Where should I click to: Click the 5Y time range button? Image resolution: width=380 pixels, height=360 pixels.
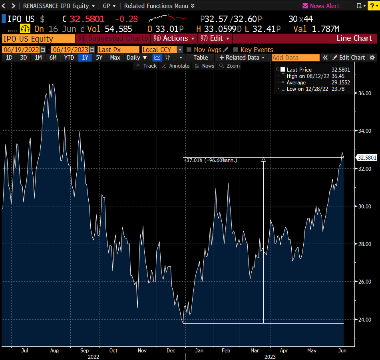click(x=99, y=58)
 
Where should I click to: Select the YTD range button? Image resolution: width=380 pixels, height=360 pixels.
click(x=69, y=58)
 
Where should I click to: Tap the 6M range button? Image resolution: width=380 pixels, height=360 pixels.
click(x=53, y=58)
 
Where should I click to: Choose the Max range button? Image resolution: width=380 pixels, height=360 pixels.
click(x=115, y=58)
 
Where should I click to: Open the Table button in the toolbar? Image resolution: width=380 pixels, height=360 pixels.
click(x=201, y=58)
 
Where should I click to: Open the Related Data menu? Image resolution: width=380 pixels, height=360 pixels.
click(x=242, y=58)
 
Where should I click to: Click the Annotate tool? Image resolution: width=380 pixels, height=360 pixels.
click(x=175, y=66)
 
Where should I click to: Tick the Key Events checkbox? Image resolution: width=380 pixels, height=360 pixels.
click(x=236, y=50)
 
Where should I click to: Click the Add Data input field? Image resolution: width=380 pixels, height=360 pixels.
click(x=295, y=58)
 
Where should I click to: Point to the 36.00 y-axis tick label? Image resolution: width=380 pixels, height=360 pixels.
click(x=364, y=93)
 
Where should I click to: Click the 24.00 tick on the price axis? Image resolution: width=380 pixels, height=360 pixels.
click(x=364, y=320)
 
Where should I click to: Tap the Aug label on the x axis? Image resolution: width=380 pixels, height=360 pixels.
click(x=55, y=350)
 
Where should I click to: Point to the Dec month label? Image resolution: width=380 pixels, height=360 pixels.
click(x=171, y=350)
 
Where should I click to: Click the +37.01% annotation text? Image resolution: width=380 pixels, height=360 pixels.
click(x=210, y=160)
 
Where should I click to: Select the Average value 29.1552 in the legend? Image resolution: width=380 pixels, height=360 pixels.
click(x=340, y=83)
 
